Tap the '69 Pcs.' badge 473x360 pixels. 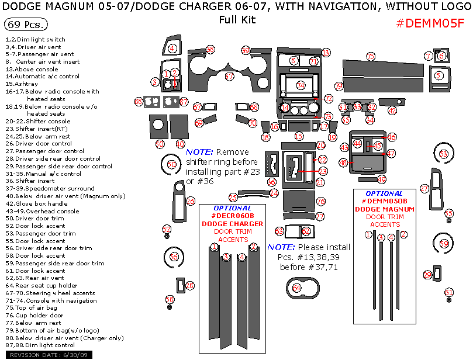coord(26,25)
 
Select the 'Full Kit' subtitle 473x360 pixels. coord(237,19)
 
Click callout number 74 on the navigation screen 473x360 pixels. coord(301,85)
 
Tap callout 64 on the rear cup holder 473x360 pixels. coord(296,288)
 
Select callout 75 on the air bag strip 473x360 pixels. coord(371,57)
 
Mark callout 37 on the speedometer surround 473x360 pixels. coord(229,77)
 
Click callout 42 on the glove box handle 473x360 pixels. coord(392,110)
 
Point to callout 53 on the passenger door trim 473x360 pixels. coord(444,154)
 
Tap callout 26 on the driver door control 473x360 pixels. coord(190,202)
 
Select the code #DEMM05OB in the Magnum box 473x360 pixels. coord(385,201)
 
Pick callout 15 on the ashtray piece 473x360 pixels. coord(299,136)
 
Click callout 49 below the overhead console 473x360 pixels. coord(381,180)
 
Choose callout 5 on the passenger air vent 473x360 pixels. coord(439,75)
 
